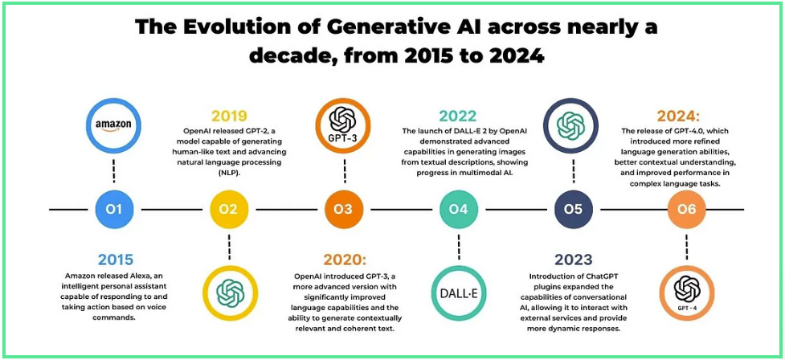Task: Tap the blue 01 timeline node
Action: click(x=115, y=208)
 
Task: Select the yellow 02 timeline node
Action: click(x=229, y=208)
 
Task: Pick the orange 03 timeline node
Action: click(x=343, y=208)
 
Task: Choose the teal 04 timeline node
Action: click(x=458, y=208)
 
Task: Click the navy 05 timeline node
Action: click(x=573, y=208)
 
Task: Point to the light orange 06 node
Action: click(x=687, y=208)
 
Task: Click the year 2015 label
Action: click(x=116, y=260)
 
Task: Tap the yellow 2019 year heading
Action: click(x=229, y=117)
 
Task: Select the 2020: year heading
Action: click(x=345, y=260)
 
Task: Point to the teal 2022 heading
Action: click(x=458, y=117)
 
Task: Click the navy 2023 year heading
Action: click(x=573, y=260)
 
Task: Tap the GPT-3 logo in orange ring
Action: click(x=343, y=125)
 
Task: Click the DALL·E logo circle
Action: click(x=458, y=293)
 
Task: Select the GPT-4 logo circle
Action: click(x=687, y=293)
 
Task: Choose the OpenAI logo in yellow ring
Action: click(x=230, y=293)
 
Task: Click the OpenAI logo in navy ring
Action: click(x=573, y=125)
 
